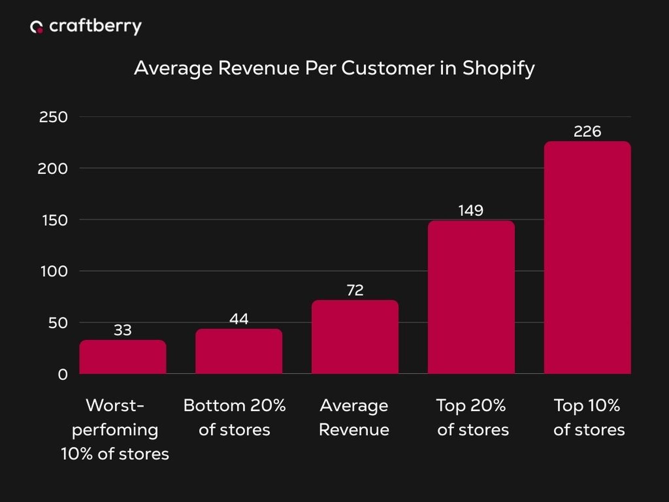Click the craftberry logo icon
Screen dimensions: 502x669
coord(36,27)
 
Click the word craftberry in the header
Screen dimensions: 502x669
coord(95,26)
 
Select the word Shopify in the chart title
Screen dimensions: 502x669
coord(498,69)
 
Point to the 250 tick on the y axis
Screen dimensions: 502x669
coord(54,117)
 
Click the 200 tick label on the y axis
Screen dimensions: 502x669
coord(53,169)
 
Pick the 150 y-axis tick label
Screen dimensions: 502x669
coord(55,220)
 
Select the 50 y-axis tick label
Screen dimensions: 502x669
coord(58,323)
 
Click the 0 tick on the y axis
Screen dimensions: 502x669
coord(63,374)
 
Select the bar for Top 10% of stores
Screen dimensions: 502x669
coord(587,258)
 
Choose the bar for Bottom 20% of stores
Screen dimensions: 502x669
coord(239,351)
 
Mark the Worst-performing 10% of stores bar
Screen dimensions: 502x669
coord(123,357)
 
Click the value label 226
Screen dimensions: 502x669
coord(587,132)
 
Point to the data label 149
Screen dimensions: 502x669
coord(471,211)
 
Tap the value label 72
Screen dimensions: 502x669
coord(355,290)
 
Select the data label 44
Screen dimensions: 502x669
coord(239,319)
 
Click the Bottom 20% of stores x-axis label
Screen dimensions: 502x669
coord(234,417)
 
